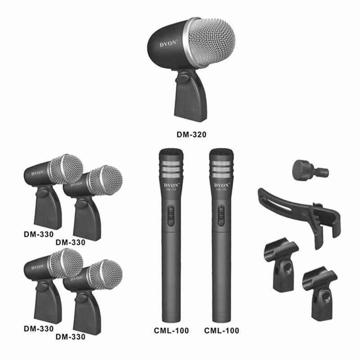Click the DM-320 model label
point(191,134)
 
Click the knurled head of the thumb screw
point(304,168)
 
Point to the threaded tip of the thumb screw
point(323,172)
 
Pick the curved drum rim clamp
point(301,211)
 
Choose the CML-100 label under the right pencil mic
point(221,331)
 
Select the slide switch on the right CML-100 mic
point(221,215)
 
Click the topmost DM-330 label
point(39,234)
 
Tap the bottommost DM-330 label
point(71,336)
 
